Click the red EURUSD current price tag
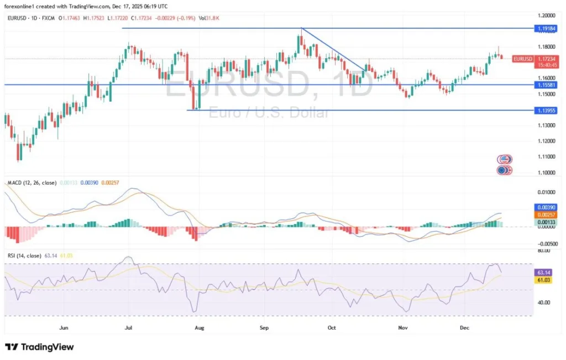pos(522,59)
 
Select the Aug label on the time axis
pos(200,327)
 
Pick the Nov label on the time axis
pos(403,327)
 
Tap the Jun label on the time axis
pos(64,327)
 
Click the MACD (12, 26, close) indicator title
pos(32,182)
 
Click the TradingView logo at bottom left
pos(39,347)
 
